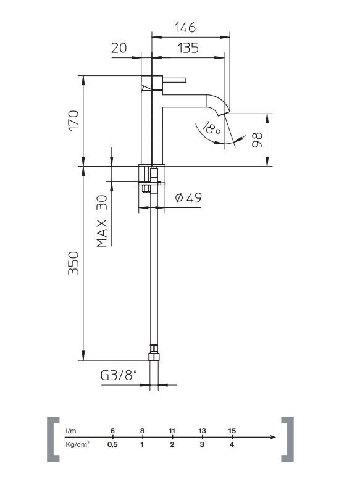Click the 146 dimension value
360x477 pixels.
coord(185,27)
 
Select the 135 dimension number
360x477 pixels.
coord(188,48)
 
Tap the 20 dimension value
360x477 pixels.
coord(119,48)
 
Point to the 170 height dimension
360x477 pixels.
coord(73,120)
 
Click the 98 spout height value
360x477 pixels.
coord(257,139)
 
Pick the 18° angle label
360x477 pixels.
coord(211,128)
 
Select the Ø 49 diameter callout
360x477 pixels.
coord(188,197)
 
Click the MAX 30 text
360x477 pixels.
coord(102,221)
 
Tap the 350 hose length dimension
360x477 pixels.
coord(73,263)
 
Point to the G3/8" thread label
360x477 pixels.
coord(118,375)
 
